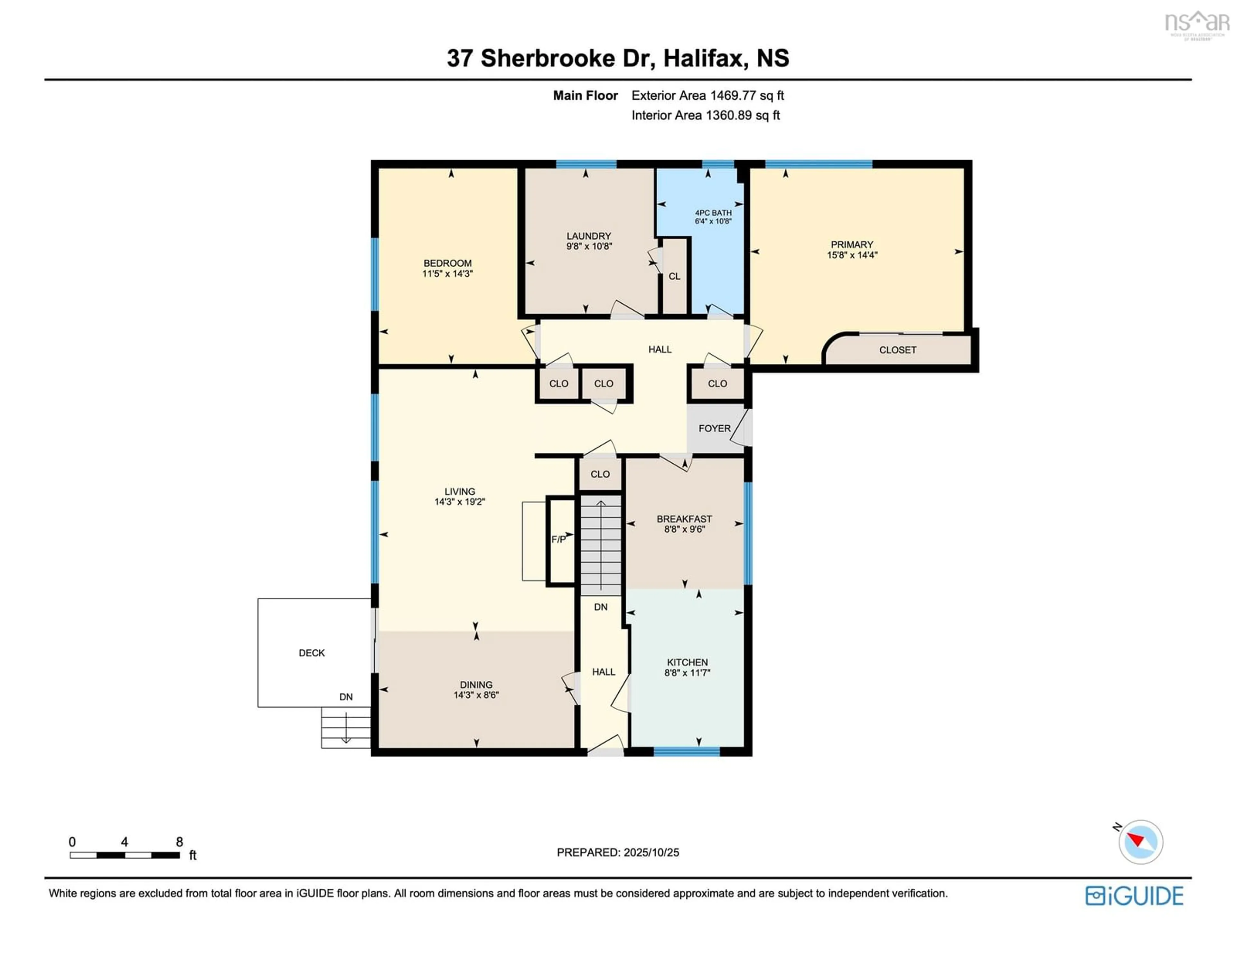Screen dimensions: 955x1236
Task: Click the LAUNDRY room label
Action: (589, 235)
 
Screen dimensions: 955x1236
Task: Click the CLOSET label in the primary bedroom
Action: (898, 350)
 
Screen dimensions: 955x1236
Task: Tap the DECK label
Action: (311, 653)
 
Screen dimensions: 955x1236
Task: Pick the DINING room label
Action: (476, 685)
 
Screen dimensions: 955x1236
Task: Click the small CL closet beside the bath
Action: (674, 276)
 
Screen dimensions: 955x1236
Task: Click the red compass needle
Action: (1137, 839)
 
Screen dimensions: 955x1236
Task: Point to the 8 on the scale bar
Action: (179, 842)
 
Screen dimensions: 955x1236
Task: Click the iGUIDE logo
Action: (1134, 895)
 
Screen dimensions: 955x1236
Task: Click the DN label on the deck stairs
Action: (346, 697)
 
